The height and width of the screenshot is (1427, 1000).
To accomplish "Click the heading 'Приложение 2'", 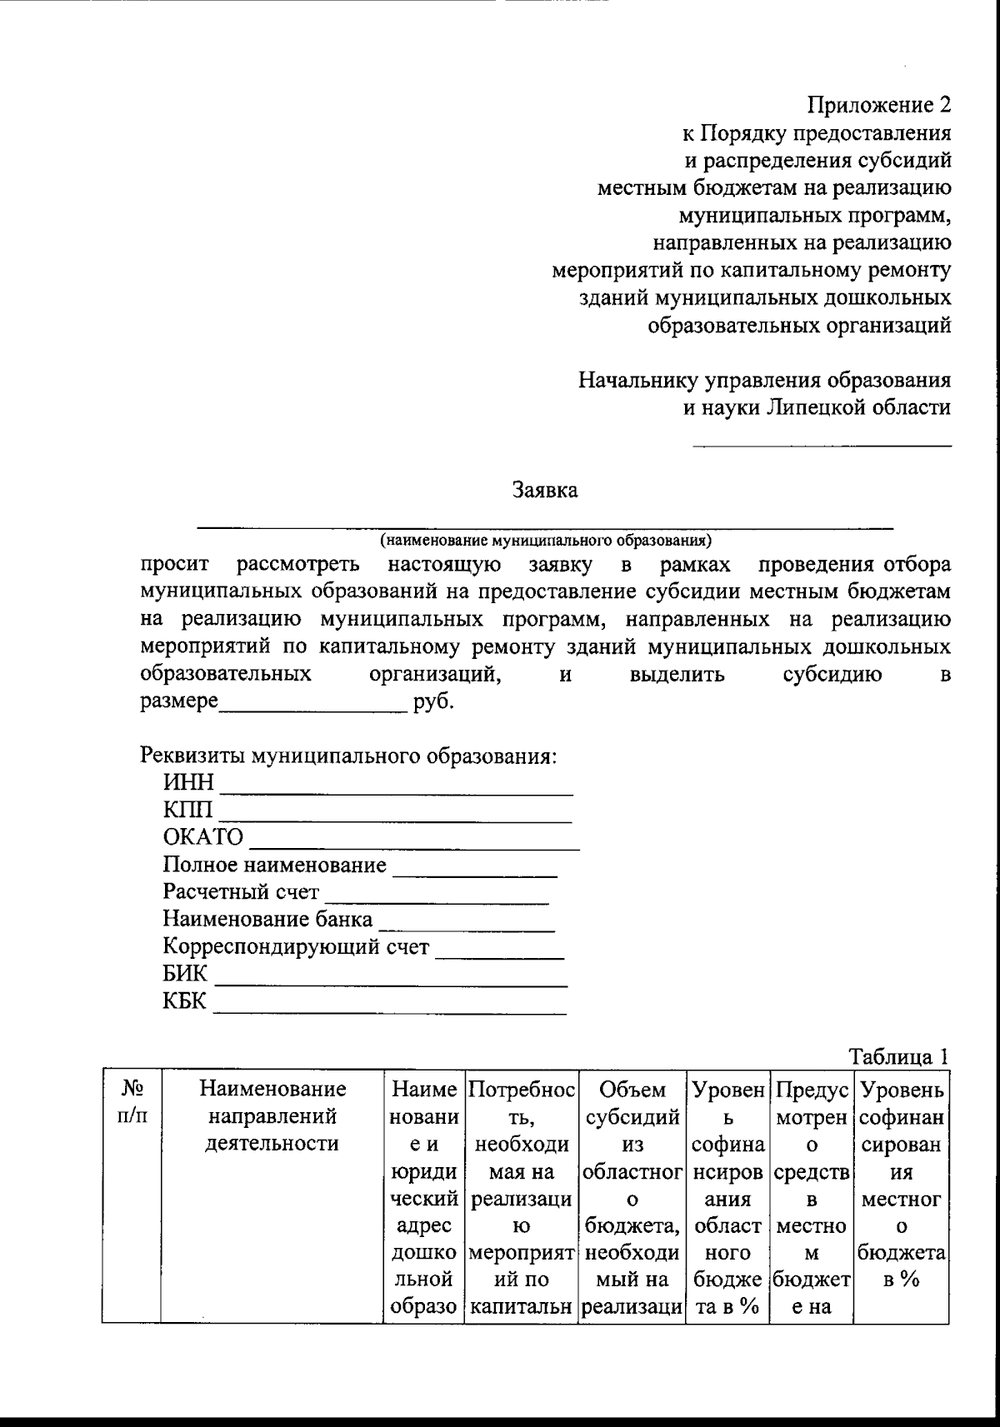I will (x=878, y=105).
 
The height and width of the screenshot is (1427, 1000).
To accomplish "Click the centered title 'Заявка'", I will (x=545, y=490).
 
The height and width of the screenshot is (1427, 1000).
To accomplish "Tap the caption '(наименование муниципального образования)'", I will (x=545, y=540).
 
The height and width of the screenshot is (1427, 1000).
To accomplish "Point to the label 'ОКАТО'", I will (x=203, y=837).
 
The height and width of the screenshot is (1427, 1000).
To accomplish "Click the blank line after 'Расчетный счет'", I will (x=437, y=902).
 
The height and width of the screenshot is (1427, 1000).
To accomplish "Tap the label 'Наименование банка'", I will (x=268, y=921).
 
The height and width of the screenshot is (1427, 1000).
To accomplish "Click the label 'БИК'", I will (x=185, y=975).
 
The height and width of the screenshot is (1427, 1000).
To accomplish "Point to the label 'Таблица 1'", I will (x=898, y=1056).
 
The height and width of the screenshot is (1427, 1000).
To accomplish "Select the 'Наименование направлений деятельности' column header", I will (x=272, y=1115).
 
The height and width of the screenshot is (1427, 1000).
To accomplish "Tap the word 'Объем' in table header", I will (x=632, y=1089).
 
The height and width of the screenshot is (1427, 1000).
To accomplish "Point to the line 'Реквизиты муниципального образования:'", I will (x=347, y=757).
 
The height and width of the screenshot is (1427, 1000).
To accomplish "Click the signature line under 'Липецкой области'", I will (x=822, y=447).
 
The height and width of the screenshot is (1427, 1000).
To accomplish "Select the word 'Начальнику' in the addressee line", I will (x=639, y=381).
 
